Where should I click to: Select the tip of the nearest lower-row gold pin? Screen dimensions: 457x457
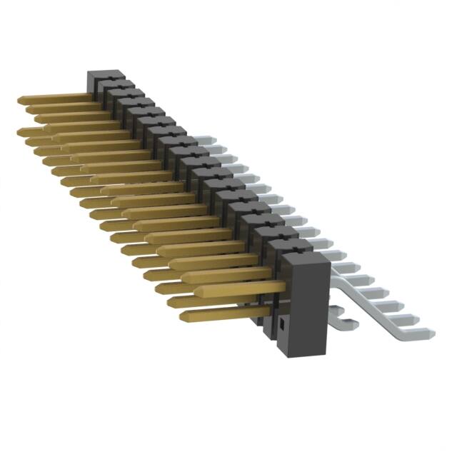coord(184,315)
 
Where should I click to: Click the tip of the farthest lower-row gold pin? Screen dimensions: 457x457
coord(21,132)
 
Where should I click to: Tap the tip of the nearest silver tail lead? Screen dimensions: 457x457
coord(428,332)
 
